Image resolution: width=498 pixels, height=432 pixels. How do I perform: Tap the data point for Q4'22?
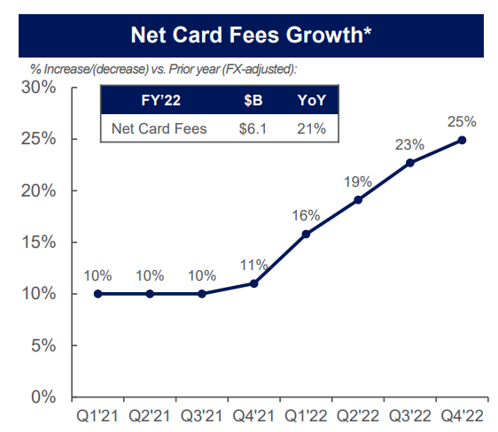click(x=463, y=140)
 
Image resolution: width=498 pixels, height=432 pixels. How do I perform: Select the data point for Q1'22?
click(x=306, y=234)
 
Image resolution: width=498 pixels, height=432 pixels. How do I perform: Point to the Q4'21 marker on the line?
click(x=253, y=283)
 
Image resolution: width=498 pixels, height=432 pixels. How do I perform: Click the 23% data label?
click(x=410, y=143)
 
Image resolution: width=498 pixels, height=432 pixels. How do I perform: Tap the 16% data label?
click(x=306, y=214)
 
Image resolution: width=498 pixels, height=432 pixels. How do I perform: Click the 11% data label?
click(x=253, y=264)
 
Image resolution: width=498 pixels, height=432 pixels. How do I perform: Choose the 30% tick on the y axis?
click(x=37, y=89)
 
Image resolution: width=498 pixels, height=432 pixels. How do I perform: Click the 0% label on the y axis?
click(x=42, y=397)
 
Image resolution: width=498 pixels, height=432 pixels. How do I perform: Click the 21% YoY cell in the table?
click(x=311, y=128)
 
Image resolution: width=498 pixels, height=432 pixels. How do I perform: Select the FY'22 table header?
click(x=160, y=100)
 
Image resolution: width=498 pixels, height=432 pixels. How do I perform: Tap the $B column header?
click(x=253, y=100)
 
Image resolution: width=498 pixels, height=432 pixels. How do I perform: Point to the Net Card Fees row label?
click(x=160, y=128)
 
